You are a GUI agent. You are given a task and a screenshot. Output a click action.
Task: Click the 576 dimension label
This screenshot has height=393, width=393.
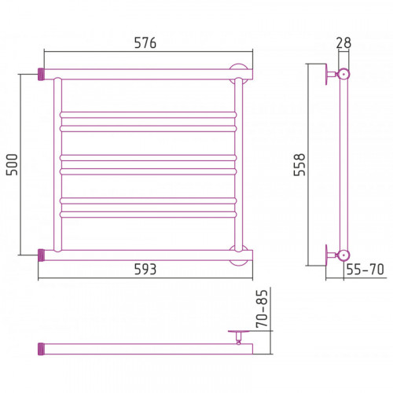pyautogui.click(x=145, y=42)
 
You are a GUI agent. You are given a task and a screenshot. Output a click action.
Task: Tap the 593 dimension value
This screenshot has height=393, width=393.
pyautogui.click(x=145, y=269)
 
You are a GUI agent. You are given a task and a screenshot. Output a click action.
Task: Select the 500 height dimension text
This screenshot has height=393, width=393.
pyautogui.click(x=12, y=164)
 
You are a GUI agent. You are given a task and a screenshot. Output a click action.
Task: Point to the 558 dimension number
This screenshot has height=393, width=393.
pyautogui.click(x=299, y=164)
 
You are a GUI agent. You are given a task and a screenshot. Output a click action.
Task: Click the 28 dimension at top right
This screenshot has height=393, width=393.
pyautogui.click(x=343, y=42)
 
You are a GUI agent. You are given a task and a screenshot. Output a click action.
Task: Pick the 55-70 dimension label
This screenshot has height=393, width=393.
pyautogui.click(x=365, y=269)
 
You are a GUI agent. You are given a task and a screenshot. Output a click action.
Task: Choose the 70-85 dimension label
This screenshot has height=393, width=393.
pyautogui.click(x=263, y=309)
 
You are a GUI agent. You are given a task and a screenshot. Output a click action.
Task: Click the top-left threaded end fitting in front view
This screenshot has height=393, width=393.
pyautogui.click(x=41, y=74)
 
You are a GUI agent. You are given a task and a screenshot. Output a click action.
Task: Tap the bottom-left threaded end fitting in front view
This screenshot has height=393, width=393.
pyautogui.click(x=41, y=255)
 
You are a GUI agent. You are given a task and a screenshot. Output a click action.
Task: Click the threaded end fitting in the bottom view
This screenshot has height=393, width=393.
pyautogui.click(x=41, y=349)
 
